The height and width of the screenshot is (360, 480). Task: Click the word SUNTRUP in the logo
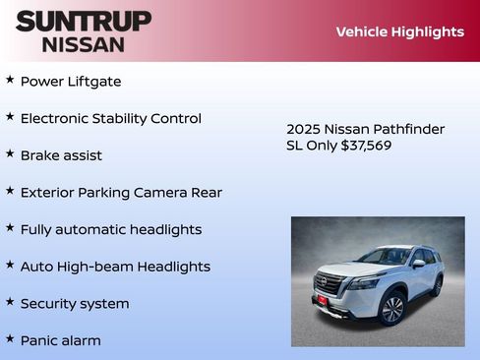[84, 21]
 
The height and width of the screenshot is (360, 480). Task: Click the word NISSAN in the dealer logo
[84, 44]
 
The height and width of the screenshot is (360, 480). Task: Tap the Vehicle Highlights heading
[399, 31]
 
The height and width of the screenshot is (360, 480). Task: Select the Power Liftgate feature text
[71, 82]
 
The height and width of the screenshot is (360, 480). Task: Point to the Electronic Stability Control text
[110, 119]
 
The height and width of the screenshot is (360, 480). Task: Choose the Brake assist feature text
[61, 155]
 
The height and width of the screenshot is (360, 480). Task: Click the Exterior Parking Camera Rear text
[121, 193]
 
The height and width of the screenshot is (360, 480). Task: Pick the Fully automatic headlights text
[110, 229]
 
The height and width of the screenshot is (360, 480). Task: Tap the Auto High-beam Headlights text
[115, 267]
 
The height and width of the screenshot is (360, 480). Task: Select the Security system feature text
[75, 304]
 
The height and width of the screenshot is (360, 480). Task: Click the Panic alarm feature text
[60, 340]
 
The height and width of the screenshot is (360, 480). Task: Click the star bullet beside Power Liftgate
[10, 80]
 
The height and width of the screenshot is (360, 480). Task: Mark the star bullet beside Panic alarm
[10, 338]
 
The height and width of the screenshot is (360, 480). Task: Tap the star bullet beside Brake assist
[10, 153]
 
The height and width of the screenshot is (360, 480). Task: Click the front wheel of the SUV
[392, 308]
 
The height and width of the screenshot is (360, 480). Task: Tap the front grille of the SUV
[330, 286]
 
